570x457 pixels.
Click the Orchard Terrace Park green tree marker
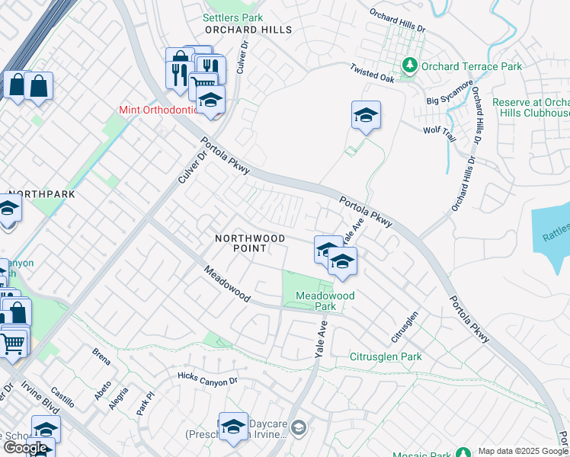[x=411, y=66]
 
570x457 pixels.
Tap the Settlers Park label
[x=233, y=17]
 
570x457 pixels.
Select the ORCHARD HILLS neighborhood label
[x=248, y=30]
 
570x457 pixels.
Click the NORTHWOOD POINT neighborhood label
[x=250, y=243]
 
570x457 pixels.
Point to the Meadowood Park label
[x=315, y=300]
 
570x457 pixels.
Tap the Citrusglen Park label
[x=385, y=356]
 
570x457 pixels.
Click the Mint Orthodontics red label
[x=158, y=110]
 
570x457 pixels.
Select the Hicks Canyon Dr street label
[x=208, y=378]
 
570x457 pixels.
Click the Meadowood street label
[x=226, y=283]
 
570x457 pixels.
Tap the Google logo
[x=25, y=448]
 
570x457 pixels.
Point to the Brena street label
[x=101, y=353]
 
